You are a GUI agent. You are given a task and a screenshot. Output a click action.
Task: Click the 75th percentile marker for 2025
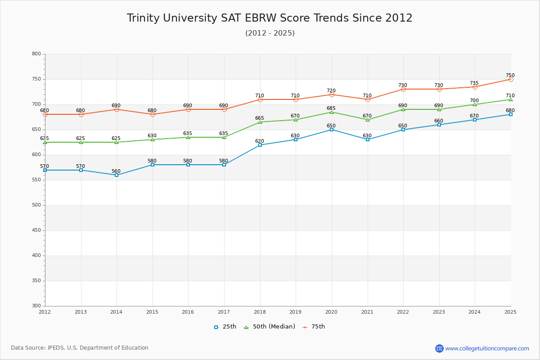(x=511, y=79)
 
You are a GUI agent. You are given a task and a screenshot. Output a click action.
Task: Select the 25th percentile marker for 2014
(x=117, y=175)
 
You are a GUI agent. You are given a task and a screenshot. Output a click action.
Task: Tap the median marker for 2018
(x=260, y=122)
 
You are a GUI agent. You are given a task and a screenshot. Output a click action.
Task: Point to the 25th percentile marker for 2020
(x=332, y=130)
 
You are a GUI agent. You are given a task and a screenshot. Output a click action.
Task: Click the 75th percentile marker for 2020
(x=332, y=94)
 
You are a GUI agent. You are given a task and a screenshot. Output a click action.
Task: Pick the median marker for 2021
(x=368, y=120)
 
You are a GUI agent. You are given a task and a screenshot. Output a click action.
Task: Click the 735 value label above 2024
(x=474, y=83)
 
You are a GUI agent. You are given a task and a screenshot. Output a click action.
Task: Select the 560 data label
(x=116, y=171)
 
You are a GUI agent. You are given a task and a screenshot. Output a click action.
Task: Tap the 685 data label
(x=331, y=108)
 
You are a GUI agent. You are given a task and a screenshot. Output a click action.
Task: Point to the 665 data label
(x=260, y=118)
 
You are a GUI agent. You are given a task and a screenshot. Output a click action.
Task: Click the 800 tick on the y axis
(x=36, y=54)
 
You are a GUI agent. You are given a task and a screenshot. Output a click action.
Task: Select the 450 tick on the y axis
(x=36, y=230)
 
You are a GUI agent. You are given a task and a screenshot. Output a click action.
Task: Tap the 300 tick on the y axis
(x=36, y=306)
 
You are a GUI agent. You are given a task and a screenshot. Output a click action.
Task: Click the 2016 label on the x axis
(x=188, y=312)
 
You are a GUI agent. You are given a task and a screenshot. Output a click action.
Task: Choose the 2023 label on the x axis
(x=439, y=312)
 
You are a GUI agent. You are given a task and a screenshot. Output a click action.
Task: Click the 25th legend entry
(x=225, y=327)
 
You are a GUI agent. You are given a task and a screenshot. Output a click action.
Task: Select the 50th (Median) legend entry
(x=270, y=327)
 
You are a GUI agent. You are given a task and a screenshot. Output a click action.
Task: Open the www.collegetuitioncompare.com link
(x=487, y=348)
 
